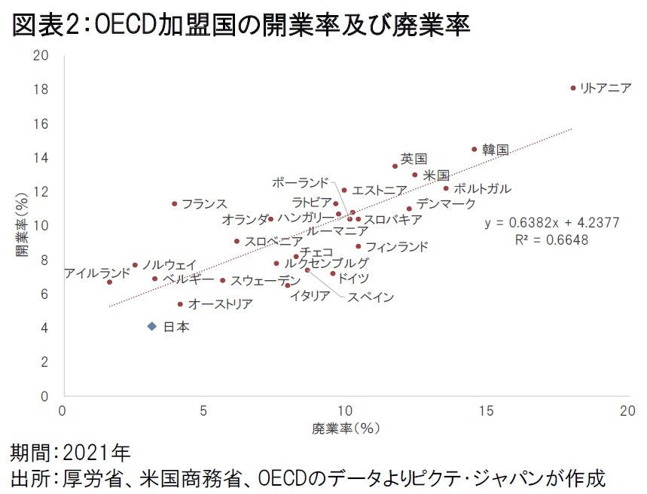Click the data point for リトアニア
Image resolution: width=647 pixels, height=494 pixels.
(573, 88)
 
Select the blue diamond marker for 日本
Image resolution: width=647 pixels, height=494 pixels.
(152, 326)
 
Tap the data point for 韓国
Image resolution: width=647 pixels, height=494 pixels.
(475, 149)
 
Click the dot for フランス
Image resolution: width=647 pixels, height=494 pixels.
(175, 203)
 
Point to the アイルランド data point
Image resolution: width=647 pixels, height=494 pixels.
(110, 282)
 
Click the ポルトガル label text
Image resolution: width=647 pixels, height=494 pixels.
(482, 188)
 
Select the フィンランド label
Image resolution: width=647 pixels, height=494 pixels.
(396, 246)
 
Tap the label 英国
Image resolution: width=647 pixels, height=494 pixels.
(414, 159)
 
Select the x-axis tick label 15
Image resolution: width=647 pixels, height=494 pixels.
(487, 410)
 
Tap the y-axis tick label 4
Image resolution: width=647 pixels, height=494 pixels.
(46, 328)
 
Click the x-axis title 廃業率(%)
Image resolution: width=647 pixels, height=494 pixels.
(344, 428)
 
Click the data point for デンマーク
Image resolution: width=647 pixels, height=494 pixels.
(410, 209)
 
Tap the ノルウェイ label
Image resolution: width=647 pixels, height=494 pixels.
(169, 265)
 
